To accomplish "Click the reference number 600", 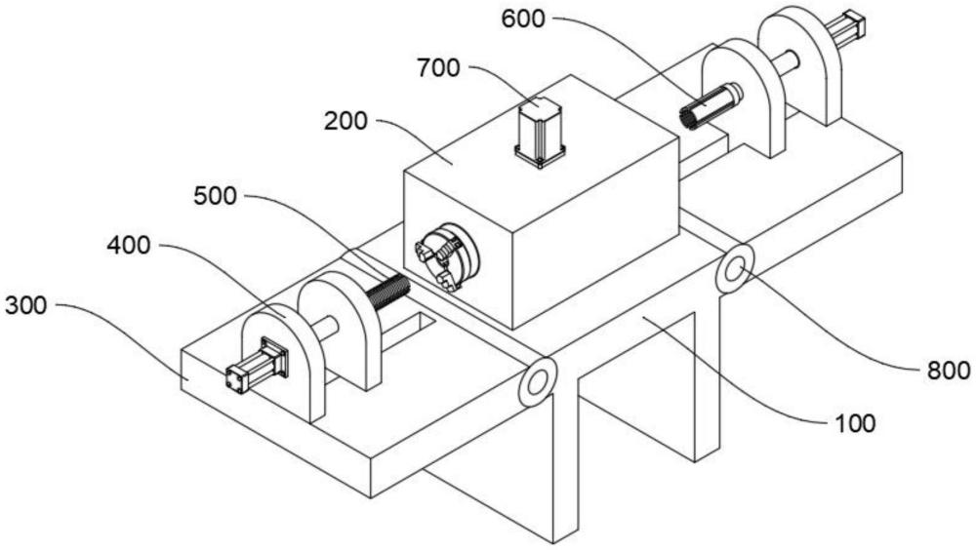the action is pyautogui.click(x=523, y=20).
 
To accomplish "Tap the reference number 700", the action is pyautogui.click(x=438, y=68).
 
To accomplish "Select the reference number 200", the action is pyautogui.click(x=346, y=121).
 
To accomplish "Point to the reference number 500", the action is pyautogui.click(x=216, y=197).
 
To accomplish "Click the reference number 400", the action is pyautogui.click(x=128, y=246).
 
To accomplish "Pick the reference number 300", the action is pyautogui.click(x=25, y=305).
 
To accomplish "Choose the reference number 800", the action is pyautogui.click(x=949, y=371).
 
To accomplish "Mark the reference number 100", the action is pyautogui.click(x=855, y=424).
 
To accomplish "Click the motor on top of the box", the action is pyautogui.click(x=540, y=132).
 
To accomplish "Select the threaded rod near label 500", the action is pyautogui.click(x=387, y=292).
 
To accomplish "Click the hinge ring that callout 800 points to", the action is pyautogui.click(x=735, y=269).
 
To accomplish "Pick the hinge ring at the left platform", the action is pyautogui.click(x=537, y=382).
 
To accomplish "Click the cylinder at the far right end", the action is pyautogui.click(x=846, y=28).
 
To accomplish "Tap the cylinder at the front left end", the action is pyautogui.click(x=257, y=366).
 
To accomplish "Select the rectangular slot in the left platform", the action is pyautogui.click(x=408, y=331).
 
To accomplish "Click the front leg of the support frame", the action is pyautogui.click(x=565, y=460).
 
